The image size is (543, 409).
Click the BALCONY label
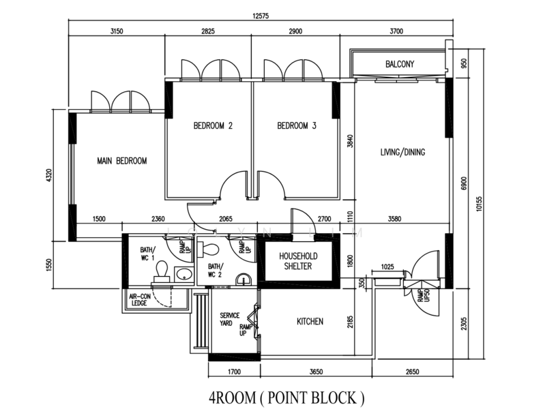[x=400, y=64]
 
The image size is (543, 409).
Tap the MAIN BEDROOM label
[x=122, y=161]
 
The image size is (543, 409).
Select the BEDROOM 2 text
[x=213, y=125]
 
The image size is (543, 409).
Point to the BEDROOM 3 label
[x=297, y=125]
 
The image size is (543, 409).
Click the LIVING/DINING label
[x=402, y=152]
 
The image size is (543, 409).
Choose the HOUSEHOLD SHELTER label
[x=298, y=261]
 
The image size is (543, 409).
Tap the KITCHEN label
[x=310, y=322]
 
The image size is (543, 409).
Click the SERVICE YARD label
[x=230, y=319]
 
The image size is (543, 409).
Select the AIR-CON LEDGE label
[x=140, y=300]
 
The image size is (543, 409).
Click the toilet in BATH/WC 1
[x=162, y=271]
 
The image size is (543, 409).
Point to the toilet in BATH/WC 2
[x=209, y=249]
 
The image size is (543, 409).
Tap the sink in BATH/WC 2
[x=245, y=279]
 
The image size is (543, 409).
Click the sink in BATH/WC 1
[x=184, y=275]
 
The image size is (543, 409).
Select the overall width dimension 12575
[x=261, y=16]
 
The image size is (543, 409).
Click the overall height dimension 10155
[x=479, y=204]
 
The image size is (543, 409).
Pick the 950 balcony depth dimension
[x=465, y=63]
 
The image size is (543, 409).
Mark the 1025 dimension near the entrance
[x=387, y=267]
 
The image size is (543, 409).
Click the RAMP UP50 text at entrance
[x=424, y=295]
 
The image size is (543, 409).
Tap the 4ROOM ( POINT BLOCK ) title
[x=287, y=397]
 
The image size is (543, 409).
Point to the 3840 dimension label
[x=350, y=141]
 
